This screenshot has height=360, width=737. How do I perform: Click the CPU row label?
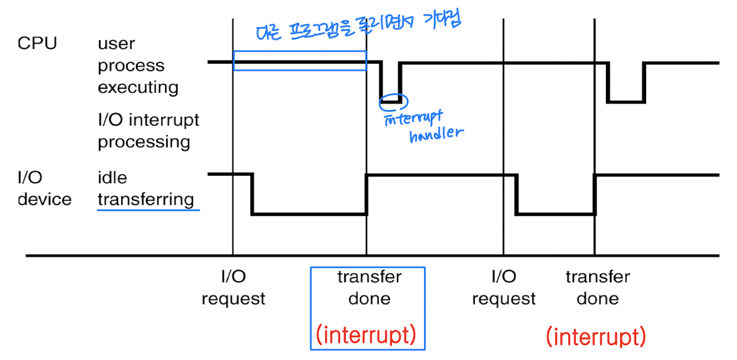click(36, 44)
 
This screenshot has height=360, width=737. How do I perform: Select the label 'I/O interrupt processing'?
click(148, 131)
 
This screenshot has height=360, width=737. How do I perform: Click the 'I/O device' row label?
click(44, 189)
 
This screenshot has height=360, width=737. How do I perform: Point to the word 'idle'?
click(112, 178)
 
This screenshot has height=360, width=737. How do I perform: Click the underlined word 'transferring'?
click(146, 200)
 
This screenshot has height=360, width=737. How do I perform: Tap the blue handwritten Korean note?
click(359, 26)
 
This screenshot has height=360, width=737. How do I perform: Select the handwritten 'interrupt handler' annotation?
click(424, 126)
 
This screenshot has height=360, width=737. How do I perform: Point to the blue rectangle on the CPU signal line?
click(300, 61)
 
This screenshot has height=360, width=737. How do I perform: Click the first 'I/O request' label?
click(233, 288)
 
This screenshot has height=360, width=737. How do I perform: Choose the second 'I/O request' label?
click(503, 288)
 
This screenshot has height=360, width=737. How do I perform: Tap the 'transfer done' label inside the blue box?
click(369, 288)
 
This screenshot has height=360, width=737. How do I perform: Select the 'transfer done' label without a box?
click(597, 288)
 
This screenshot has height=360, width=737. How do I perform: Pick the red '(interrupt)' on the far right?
click(596, 336)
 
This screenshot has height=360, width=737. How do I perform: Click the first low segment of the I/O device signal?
click(309, 214)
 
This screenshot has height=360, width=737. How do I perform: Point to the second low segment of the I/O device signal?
click(555, 214)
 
